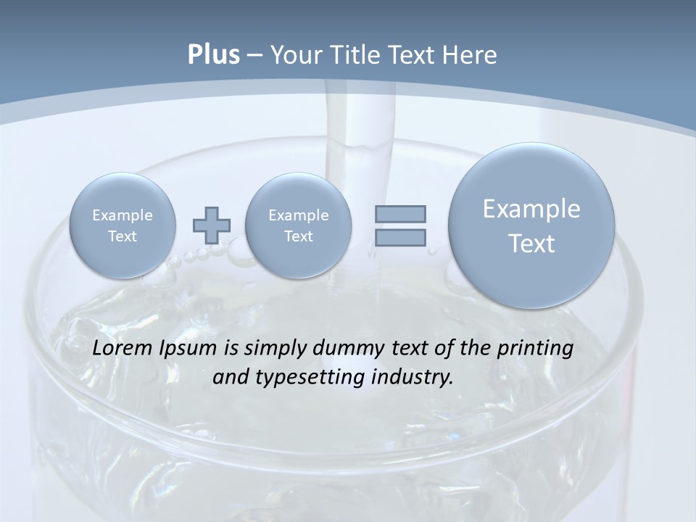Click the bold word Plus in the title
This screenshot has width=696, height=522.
[x=213, y=55]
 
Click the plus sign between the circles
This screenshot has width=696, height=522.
[x=211, y=225]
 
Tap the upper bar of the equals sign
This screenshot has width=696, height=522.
[x=400, y=214]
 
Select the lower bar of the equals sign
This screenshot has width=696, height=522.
[x=400, y=237]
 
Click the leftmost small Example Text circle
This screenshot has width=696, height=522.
[x=123, y=225]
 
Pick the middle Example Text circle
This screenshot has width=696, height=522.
[x=299, y=225]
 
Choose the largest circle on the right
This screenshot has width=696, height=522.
[x=531, y=225]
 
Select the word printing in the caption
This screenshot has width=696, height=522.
[x=536, y=349]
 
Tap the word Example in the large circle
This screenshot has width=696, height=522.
[x=531, y=209]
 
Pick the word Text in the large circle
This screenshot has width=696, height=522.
[x=531, y=244]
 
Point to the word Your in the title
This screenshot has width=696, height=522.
[x=295, y=55]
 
